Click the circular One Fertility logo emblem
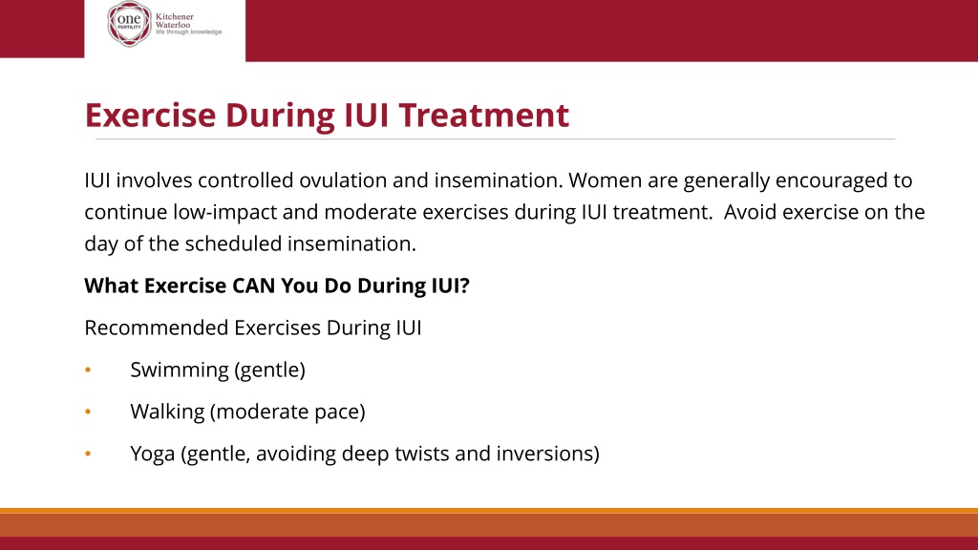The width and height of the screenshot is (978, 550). pos(129,24)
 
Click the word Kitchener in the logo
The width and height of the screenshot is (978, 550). pos(175,17)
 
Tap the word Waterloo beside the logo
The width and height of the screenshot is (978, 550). pos(173,25)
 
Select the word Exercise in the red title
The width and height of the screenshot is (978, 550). pos(150,115)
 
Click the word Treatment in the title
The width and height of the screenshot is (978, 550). pos(484,115)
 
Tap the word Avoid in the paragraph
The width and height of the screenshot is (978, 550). pos(751,212)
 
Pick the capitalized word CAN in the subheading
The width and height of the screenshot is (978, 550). pos(254,286)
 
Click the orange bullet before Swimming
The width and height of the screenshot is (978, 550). pos(88,370)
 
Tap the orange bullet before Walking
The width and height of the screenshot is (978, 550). pos(88,412)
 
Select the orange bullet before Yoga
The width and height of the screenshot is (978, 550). pos(88,454)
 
